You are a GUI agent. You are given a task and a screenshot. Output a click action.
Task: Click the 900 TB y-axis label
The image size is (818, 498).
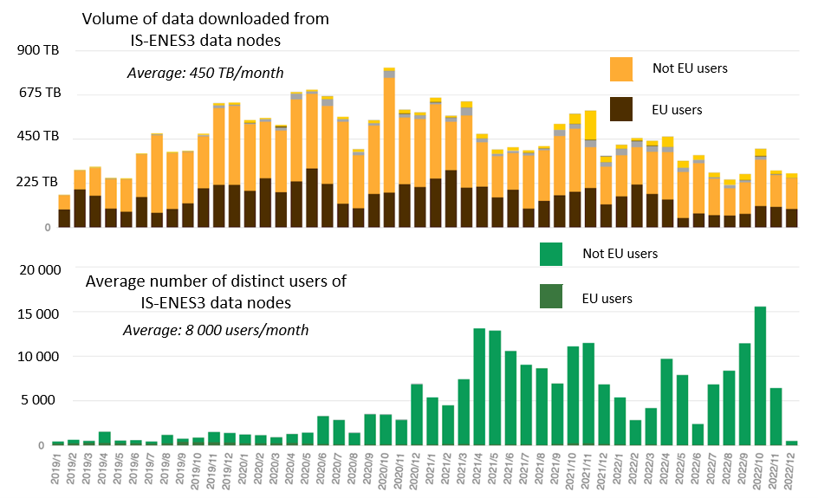click(x=37, y=50)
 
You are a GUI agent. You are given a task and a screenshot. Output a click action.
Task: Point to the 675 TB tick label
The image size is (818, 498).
click(x=37, y=93)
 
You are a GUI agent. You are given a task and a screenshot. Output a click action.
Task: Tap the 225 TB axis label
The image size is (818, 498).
click(x=37, y=182)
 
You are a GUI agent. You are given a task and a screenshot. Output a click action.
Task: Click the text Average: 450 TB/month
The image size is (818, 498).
click(x=205, y=73)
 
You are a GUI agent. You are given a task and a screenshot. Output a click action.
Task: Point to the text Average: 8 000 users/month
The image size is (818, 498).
click(x=216, y=330)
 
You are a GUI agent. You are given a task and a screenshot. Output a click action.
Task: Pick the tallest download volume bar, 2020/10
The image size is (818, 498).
click(x=389, y=147)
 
